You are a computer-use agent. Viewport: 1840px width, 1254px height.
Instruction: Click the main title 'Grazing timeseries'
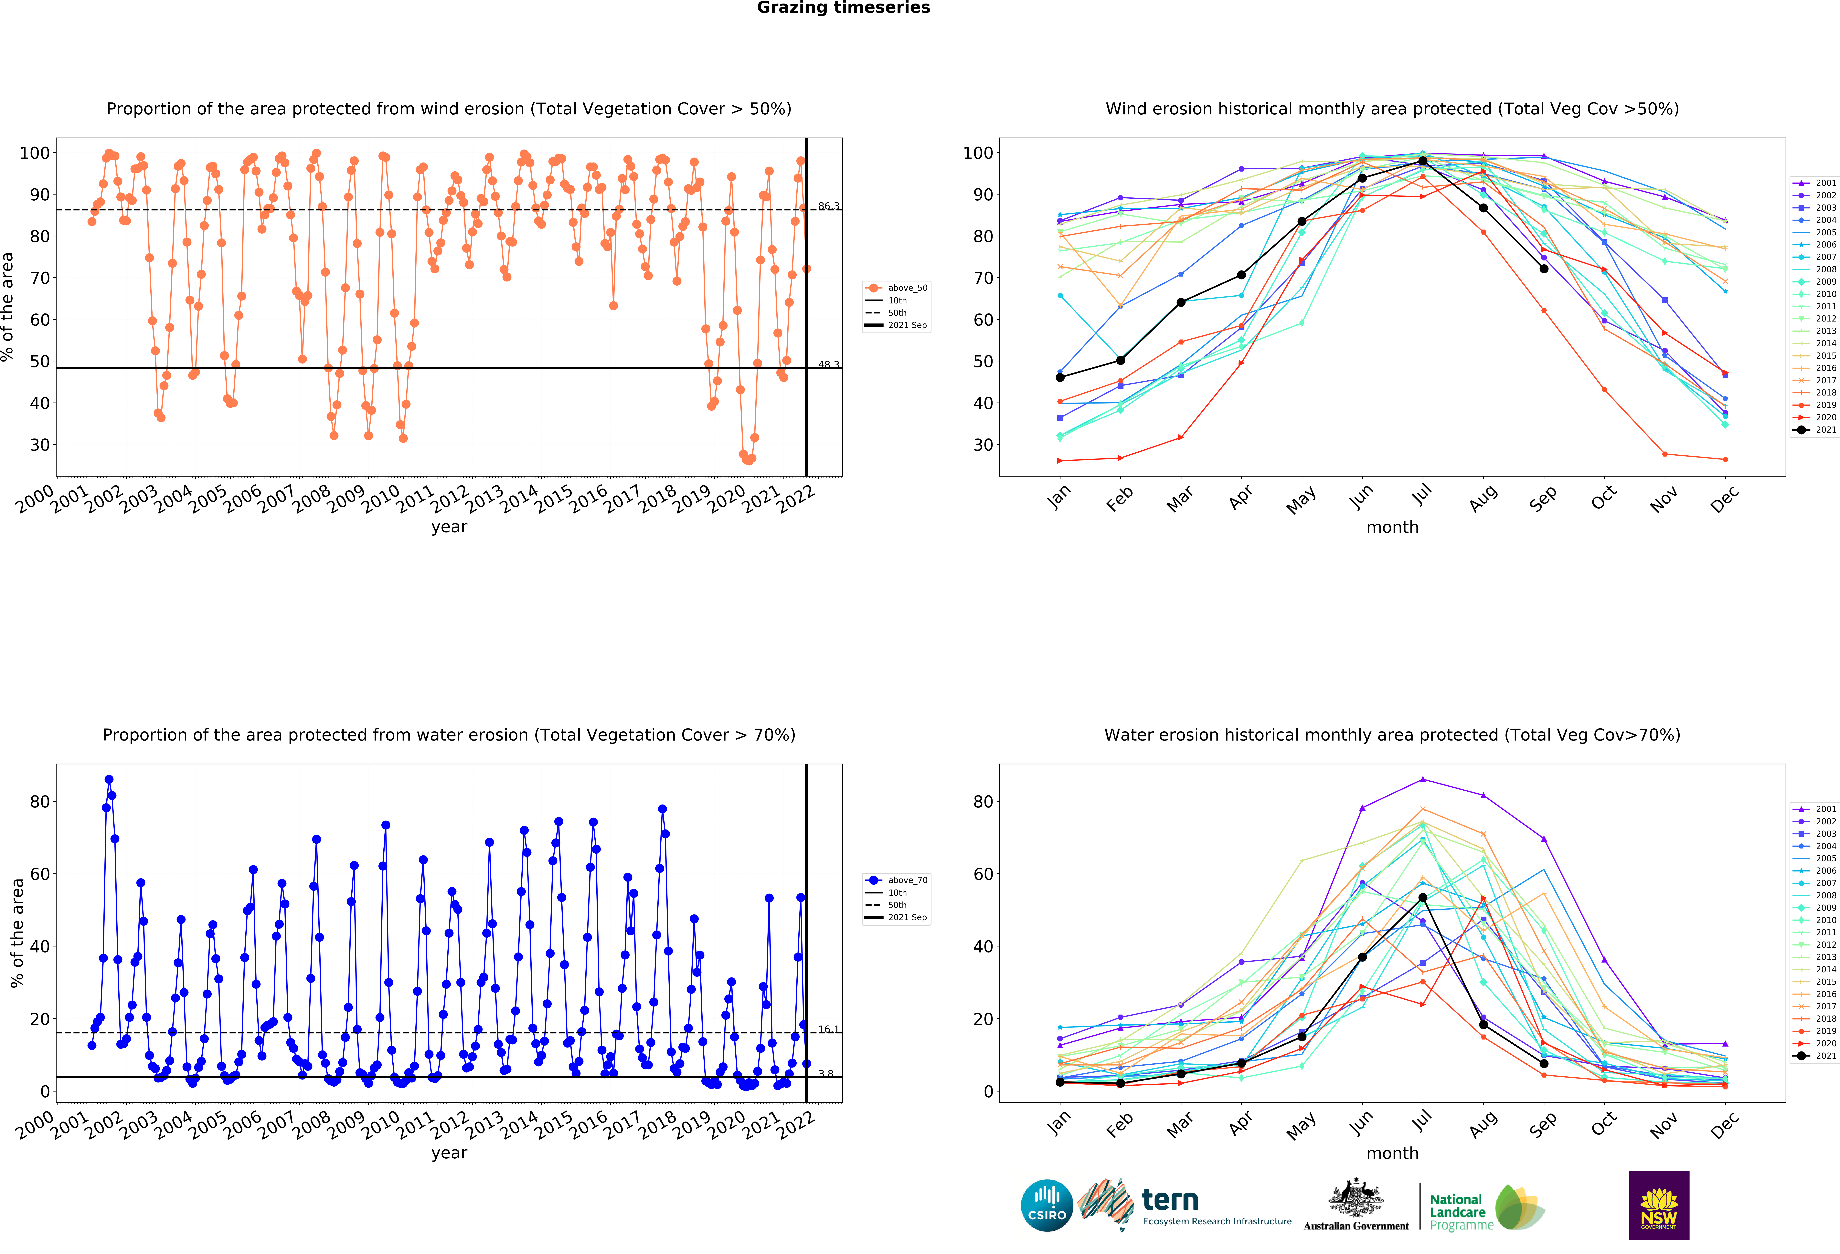pos(843,8)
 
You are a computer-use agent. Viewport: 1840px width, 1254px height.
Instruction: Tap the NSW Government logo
pos(1659,1205)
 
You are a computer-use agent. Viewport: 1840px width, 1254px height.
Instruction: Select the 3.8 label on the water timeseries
pos(826,1073)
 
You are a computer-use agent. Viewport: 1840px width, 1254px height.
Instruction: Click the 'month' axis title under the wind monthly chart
pos(1393,527)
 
